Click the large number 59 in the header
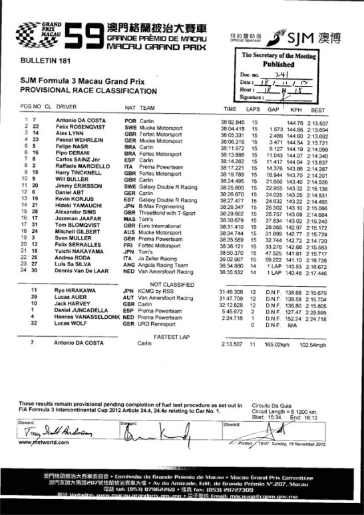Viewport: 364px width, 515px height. (x=81, y=34)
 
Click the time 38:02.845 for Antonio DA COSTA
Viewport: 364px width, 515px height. (x=232, y=120)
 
